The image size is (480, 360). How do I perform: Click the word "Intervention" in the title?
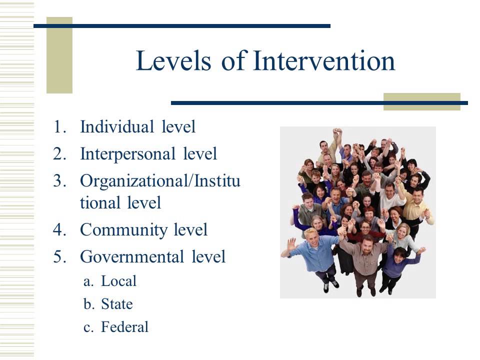coord(324,61)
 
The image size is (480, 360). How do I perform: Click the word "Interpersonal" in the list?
coord(126,153)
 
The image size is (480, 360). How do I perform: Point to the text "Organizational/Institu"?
coord(160,180)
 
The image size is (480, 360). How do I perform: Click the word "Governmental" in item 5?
coord(132,257)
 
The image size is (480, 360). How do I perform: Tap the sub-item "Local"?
coord(118,281)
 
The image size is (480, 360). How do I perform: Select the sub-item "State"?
coord(116,304)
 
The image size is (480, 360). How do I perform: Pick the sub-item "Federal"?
coord(124,327)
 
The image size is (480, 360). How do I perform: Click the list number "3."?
coord(59,180)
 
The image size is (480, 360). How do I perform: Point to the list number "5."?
coord(59,257)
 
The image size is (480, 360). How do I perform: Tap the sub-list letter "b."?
coord(89,304)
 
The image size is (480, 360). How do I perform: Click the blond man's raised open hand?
coord(290,244)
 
